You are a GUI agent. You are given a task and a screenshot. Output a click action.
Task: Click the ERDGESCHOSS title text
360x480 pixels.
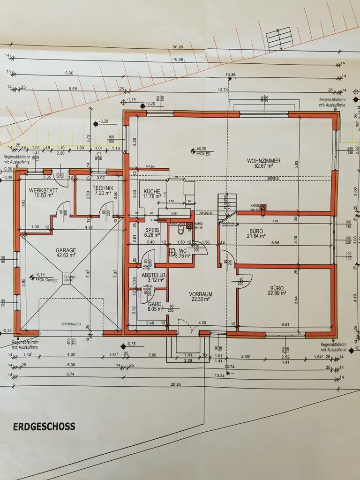tap(44, 427)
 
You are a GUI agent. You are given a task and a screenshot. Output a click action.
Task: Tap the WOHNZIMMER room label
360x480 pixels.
tap(264, 161)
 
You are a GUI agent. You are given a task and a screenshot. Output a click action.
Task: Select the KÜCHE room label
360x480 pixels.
tap(152, 192)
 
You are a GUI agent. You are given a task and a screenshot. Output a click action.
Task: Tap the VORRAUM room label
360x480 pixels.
tap(201, 294)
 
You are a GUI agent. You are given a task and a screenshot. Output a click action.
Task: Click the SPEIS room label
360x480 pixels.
tap(152, 230)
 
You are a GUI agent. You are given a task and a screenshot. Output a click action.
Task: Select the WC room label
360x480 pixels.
tap(182, 250)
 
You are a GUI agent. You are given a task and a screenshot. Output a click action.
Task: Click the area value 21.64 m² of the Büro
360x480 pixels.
tap(256, 237)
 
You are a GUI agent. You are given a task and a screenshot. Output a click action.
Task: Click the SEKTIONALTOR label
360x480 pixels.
tap(72, 324)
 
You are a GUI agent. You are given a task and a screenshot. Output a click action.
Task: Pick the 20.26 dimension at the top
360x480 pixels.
tap(178, 47)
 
